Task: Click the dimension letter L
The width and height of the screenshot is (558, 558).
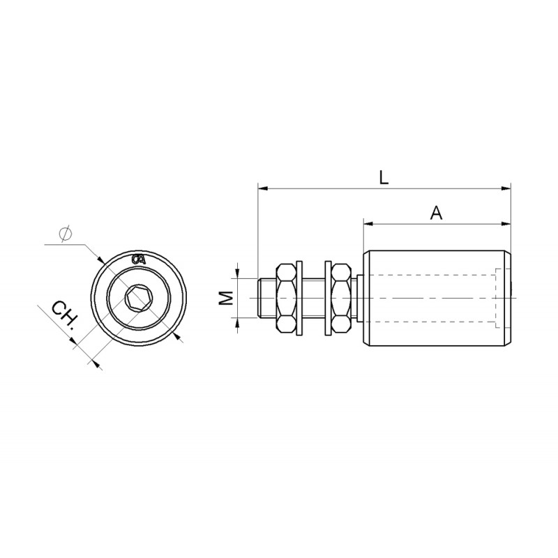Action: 384,177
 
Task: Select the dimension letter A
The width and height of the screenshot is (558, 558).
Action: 436,213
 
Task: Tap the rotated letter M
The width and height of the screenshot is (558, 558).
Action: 225,299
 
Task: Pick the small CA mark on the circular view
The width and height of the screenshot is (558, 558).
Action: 139,259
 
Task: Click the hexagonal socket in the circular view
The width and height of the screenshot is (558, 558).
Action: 137,299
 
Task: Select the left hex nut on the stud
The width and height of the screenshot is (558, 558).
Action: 287,298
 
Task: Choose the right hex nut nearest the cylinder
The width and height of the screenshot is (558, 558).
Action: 341,298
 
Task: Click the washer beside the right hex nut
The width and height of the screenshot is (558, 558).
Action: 326,298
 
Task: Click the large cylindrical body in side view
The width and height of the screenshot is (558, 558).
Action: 436,298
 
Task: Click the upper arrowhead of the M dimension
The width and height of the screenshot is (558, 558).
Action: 238,273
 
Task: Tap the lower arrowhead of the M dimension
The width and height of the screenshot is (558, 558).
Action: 238,323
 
